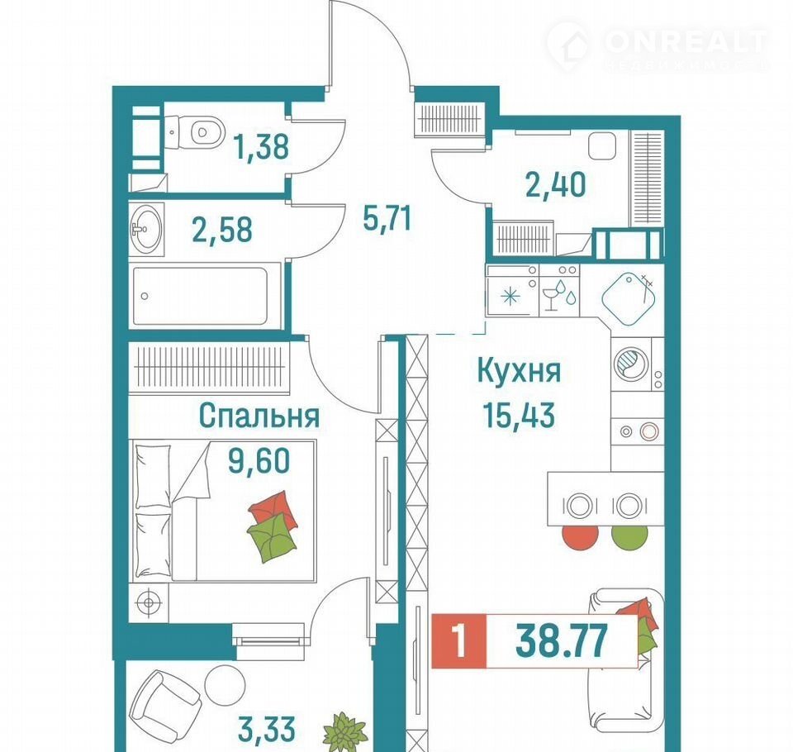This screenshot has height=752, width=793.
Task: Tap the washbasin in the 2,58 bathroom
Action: pyautogui.click(x=146, y=229)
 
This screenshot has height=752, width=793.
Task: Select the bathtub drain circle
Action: pyautogui.click(x=145, y=296)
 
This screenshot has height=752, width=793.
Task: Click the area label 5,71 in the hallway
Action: pyautogui.click(x=387, y=218)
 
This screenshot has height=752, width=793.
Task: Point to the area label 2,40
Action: pyautogui.click(x=556, y=184)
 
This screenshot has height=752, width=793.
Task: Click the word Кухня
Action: pyautogui.click(x=519, y=371)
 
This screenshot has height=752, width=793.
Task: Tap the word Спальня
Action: pyautogui.click(x=259, y=416)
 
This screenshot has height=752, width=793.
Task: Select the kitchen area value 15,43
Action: pyautogui.click(x=519, y=415)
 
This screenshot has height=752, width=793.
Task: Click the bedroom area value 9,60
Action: pyautogui.click(x=259, y=460)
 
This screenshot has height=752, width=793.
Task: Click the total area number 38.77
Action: pyautogui.click(x=561, y=640)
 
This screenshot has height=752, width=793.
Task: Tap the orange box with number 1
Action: pyautogui.click(x=458, y=640)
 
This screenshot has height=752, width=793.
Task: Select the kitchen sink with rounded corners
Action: pyautogui.click(x=628, y=299)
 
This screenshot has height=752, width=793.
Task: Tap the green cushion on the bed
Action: pyautogui.click(x=272, y=537)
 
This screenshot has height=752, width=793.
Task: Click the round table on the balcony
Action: pyautogui.click(x=225, y=685)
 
